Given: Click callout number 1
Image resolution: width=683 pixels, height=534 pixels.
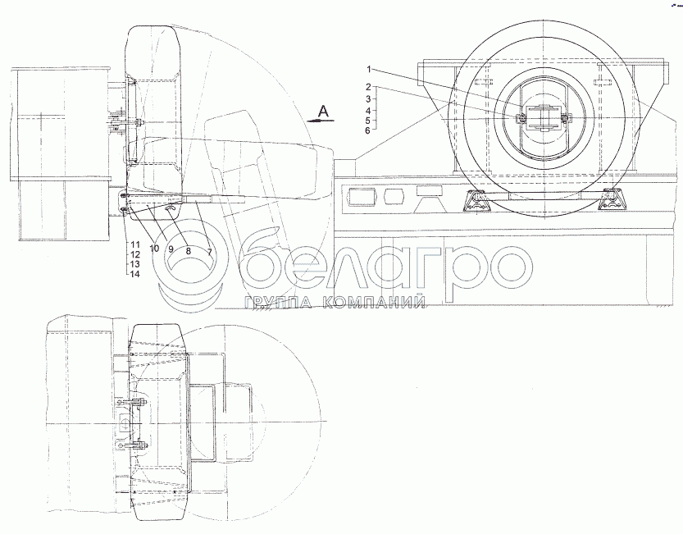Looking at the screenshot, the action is [368, 69].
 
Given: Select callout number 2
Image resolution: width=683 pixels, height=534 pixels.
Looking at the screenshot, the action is [368, 87].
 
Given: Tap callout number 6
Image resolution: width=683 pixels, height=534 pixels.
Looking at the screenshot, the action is [367, 130].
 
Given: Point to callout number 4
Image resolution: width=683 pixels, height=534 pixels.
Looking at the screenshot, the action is [368, 111].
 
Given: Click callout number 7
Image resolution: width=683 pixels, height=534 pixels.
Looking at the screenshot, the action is [210, 252].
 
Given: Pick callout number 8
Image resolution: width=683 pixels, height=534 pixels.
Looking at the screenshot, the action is [189, 251].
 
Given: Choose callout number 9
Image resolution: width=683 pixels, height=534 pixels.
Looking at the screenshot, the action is [171, 249].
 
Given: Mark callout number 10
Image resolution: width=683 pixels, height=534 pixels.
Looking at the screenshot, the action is [154, 249].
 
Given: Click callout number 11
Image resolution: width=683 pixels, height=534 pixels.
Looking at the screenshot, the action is [135, 245].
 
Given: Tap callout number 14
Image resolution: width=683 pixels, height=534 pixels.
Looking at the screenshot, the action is [135, 274].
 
